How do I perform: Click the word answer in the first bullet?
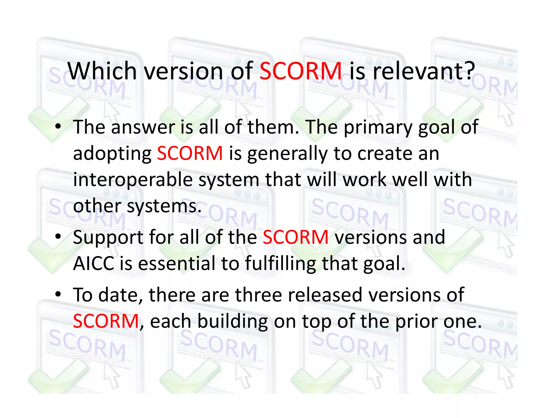pos(143,127)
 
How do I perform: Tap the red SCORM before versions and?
pos(296,237)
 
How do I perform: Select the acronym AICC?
pos(93,263)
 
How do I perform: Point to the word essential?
pos(177,263)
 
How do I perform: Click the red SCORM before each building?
pos(106,321)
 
